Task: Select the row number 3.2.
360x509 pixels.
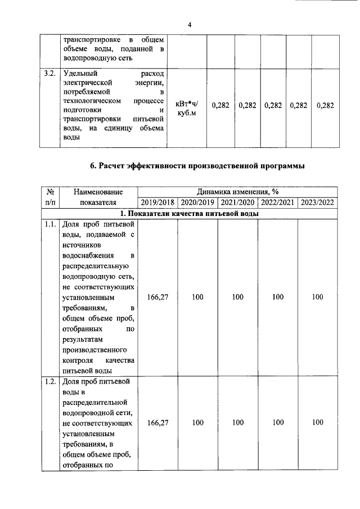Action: (x=49, y=74)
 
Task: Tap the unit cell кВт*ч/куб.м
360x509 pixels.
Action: (x=187, y=109)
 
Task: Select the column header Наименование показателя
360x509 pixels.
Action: (x=98, y=197)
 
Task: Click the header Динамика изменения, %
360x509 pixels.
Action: (x=238, y=191)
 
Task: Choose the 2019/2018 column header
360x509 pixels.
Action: (x=157, y=202)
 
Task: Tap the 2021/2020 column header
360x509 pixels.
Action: (x=237, y=202)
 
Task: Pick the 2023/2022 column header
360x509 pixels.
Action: (x=318, y=202)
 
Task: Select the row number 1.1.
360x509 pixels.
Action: (x=49, y=224)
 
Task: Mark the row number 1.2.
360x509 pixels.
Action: (x=49, y=382)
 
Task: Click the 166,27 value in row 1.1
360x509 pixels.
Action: (x=157, y=297)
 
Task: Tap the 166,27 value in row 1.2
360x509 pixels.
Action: (x=157, y=422)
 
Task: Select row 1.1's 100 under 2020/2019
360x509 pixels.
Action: (x=197, y=297)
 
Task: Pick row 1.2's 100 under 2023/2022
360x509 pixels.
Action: (x=318, y=422)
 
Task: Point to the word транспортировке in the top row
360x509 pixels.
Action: (x=89, y=40)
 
